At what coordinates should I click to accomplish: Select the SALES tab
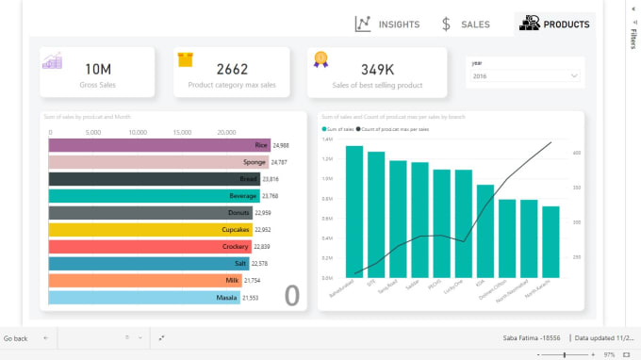tap(466, 25)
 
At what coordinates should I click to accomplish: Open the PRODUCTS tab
tap(554, 25)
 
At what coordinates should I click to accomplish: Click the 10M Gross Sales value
tap(97, 69)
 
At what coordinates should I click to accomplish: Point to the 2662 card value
tap(232, 69)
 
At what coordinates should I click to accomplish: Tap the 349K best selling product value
tap(377, 69)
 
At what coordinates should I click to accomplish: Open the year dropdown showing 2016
tap(525, 75)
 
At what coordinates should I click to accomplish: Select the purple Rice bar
tap(158, 145)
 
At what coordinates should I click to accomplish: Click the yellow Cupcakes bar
tap(148, 229)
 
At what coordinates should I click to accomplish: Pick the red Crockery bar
tap(148, 246)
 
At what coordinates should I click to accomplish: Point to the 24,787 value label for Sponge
tap(281, 162)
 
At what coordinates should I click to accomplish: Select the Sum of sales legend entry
tap(339, 127)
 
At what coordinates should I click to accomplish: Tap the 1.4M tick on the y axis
tap(328, 139)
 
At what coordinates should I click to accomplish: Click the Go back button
tap(16, 337)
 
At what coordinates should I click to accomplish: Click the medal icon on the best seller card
tap(320, 58)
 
